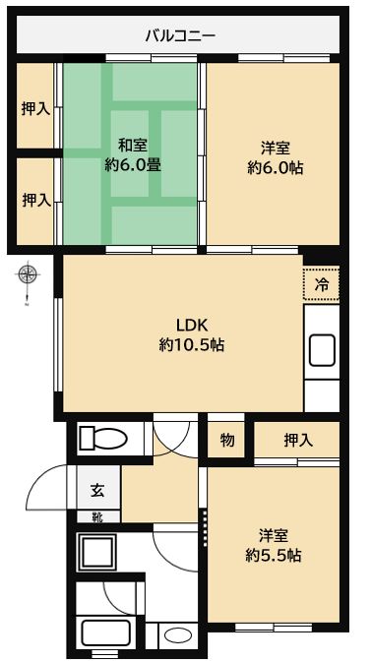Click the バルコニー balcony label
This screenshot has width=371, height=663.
pos(181,35)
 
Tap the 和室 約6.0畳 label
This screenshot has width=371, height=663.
pos(133,154)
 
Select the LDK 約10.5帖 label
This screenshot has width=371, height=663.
pos(191,334)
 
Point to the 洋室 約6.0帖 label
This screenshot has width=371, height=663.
pos(275,157)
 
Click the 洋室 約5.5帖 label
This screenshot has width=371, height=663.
pos(274,546)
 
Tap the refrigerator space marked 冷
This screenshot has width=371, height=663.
pos(322,283)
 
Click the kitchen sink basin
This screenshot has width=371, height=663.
pos(322,350)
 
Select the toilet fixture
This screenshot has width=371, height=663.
pos(103,438)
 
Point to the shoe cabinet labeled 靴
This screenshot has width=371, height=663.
pos(98,516)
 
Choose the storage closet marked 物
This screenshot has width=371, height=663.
pos(226,440)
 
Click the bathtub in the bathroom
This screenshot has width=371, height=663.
pos(105,633)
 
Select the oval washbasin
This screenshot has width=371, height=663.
pos(177,636)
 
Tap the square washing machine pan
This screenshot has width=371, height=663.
pos(96,553)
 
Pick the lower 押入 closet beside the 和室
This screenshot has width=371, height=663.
pos(35,201)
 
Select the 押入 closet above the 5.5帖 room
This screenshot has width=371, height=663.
pos(297,440)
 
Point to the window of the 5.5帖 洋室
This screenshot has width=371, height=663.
pos(274,628)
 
